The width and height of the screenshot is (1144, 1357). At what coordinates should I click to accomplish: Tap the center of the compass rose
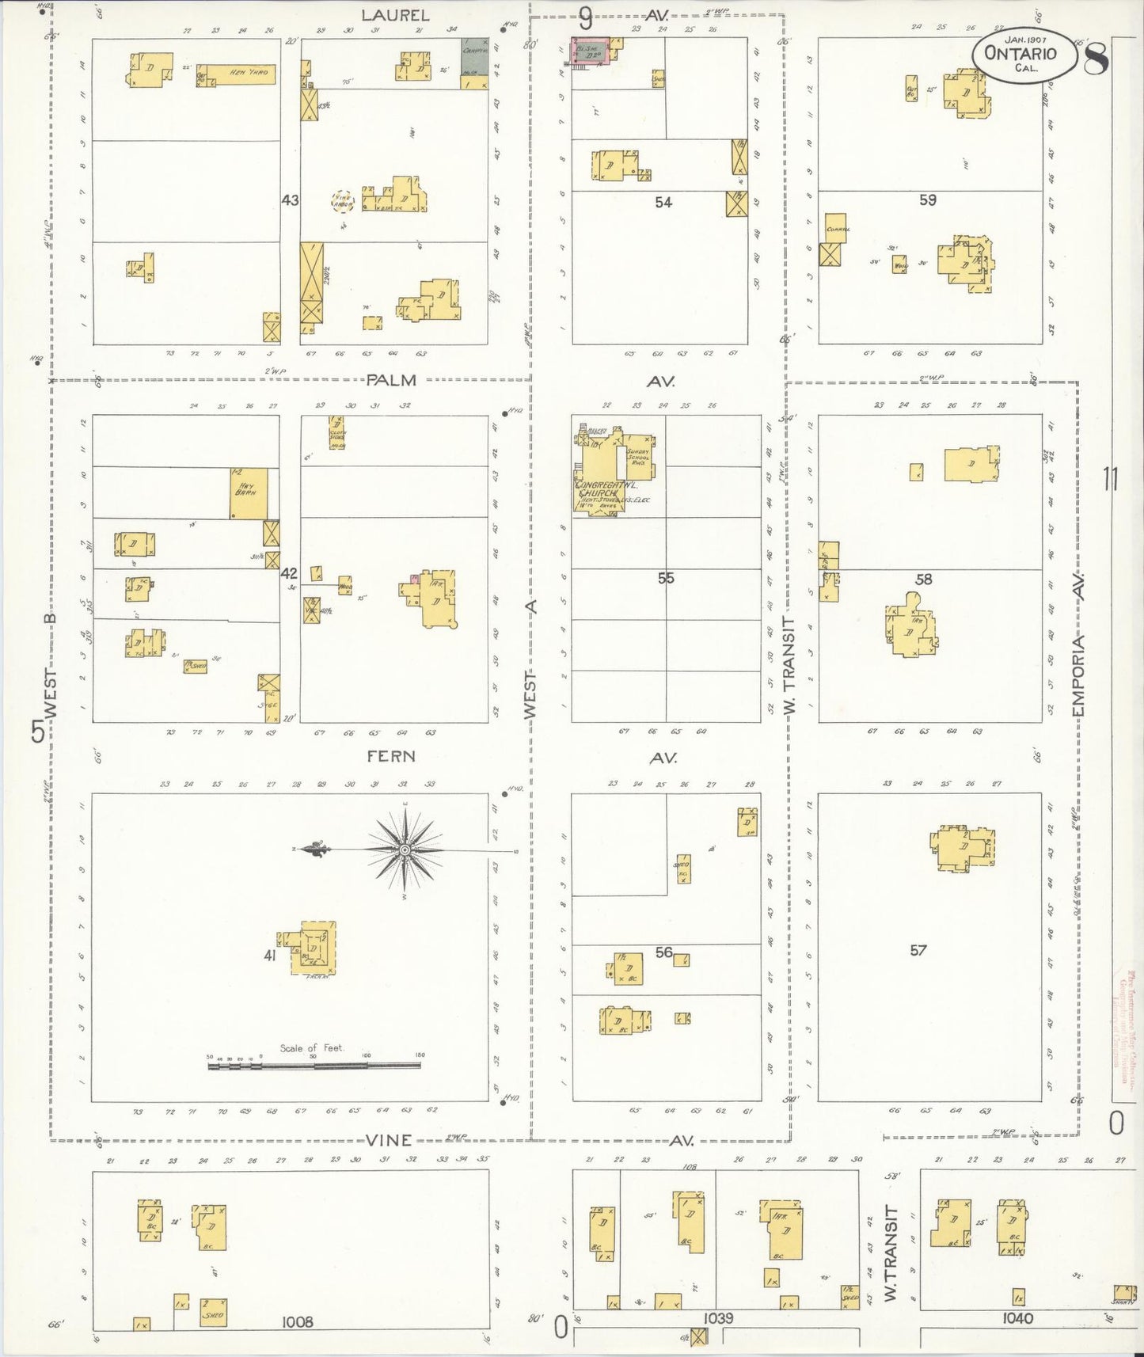(x=405, y=850)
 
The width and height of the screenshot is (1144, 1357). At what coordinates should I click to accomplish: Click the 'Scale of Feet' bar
(x=314, y=1066)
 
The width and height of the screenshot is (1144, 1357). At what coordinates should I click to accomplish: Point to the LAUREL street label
(x=395, y=15)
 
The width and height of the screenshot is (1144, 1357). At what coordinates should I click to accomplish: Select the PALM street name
(x=392, y=380)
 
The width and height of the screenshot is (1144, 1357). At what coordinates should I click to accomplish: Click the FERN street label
(x=391, y=756)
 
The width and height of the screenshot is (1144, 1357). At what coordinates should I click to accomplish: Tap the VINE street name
(x=390, y=1140)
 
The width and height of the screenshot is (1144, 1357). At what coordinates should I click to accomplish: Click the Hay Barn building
(x=248, y=492)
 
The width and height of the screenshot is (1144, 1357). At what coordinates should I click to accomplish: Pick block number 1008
(x=297, y=1321)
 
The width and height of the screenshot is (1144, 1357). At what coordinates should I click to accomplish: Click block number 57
(x=918, y=950)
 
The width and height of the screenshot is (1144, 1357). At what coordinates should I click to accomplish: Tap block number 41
(x=270, y=956)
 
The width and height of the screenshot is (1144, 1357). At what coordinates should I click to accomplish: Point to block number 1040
(x=1017, y=1318)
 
